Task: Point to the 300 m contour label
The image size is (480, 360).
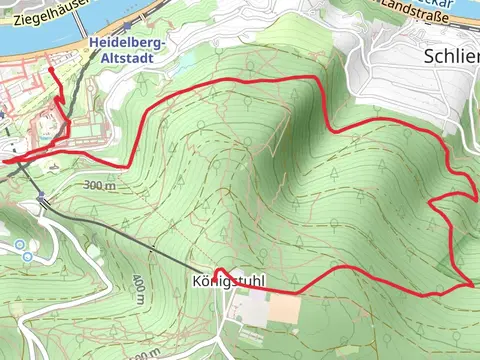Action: pos(100,186)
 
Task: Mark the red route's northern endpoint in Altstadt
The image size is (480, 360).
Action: pos(51,71)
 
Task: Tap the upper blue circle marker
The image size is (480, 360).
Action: pos(18,244)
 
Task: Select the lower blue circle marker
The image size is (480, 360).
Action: pos(27,257)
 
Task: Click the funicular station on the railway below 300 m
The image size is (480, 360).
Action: pos(41,198)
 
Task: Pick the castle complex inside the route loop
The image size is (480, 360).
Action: pos(45,130)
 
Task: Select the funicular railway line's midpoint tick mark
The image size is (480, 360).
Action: pos(152,245)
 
